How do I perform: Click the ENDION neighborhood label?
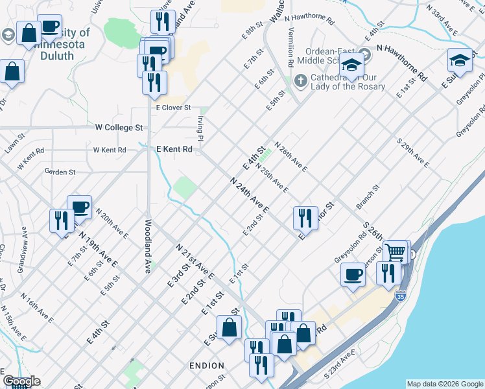[x=207, y=366]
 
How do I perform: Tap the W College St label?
[x=119, y=128]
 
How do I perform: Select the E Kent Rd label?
[x=175, y=149]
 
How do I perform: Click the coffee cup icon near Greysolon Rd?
[x=353, y=274]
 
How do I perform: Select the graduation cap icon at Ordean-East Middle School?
[x=352, y=66]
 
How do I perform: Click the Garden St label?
[x=60, y=172]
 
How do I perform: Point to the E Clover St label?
[x=172, y=108]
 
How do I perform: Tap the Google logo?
[x=21, y=381]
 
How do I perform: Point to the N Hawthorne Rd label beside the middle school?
[x=402, y=65]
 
